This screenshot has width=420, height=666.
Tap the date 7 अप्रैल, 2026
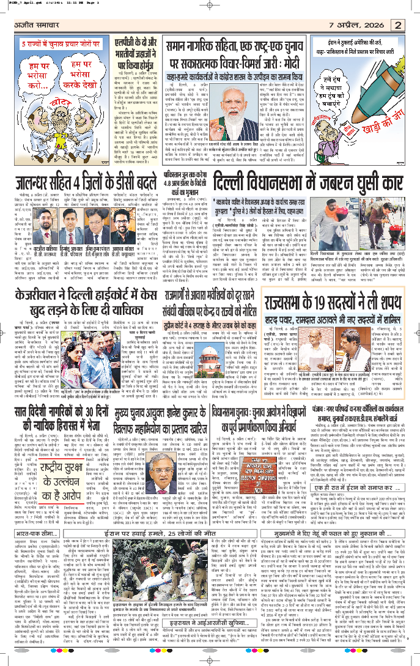point(361,25)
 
